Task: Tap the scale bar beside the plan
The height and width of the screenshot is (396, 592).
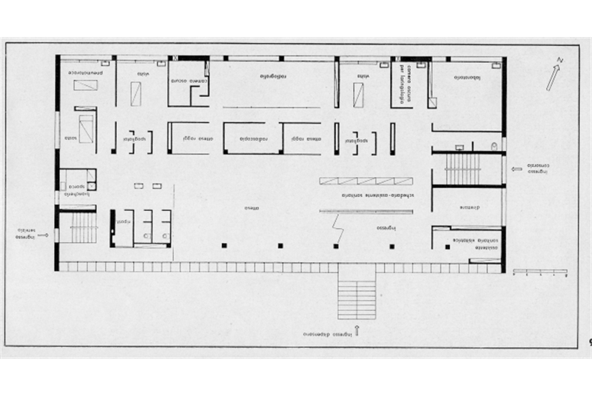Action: [539, 271]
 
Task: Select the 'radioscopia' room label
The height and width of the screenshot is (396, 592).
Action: [252, 138]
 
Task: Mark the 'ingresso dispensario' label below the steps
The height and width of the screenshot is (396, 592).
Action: [332, 334]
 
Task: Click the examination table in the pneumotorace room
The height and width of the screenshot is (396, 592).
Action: [86, 86]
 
